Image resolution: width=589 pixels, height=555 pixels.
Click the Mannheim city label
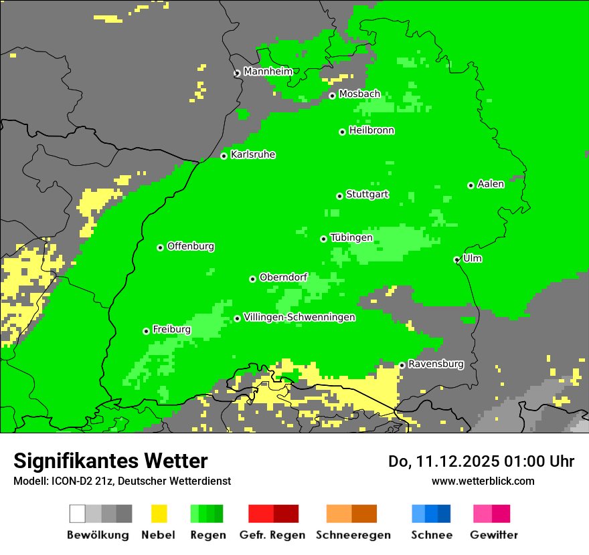tap(268, 72)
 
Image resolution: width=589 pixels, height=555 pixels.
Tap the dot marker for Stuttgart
tap(339, 196)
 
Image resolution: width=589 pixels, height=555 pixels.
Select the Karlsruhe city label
tap(252, 154)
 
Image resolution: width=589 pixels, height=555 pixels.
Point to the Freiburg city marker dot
tap(146, 331)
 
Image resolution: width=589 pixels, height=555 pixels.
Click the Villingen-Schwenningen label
tap(299, 317)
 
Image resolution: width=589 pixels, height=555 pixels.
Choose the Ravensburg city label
tap(436, 364)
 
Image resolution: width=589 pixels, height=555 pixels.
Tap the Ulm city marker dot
tap(456, 259)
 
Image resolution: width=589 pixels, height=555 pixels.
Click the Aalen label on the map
tap(491, 184)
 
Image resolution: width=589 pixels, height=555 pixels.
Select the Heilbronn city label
tap(371, 130)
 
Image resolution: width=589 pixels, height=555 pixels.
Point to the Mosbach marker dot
tap(332, 96)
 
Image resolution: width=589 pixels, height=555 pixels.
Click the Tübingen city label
tap(351, 237)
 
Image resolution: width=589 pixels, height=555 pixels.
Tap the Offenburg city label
tap(191, 246)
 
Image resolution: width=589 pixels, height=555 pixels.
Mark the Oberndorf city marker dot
tap(252, 279)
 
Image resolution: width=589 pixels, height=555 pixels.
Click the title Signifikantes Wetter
tap(110, 461)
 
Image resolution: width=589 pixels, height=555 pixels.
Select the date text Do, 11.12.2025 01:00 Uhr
tap(481, 461)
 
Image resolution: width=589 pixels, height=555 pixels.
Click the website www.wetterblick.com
tap(483, 481)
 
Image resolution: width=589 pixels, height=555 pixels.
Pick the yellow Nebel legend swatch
tap(159, 514)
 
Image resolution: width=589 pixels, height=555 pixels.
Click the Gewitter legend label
tap(494, 535)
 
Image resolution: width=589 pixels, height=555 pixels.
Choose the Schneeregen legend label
tap(353, 535)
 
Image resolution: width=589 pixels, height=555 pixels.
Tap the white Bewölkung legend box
tap(78, 514)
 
